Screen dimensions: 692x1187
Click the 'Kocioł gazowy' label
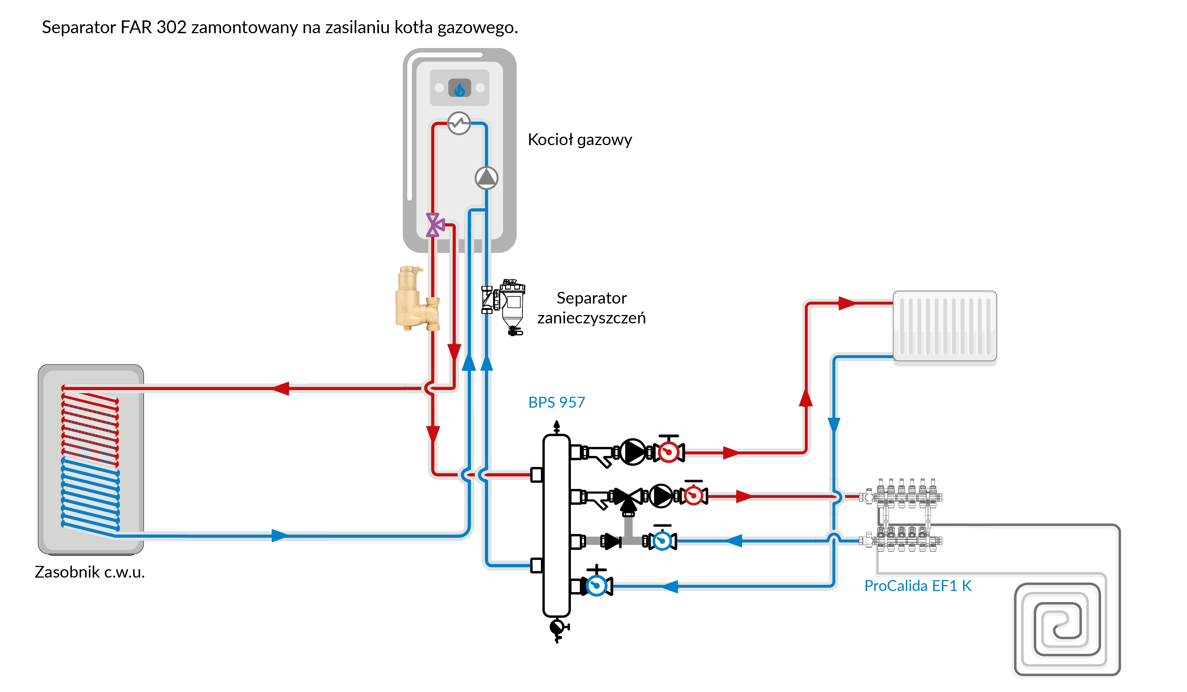coord(579,140)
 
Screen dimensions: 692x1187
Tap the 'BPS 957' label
coord(556,402)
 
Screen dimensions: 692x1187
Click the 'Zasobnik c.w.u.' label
coord(90,572)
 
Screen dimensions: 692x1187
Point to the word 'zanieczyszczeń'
coord(591,318)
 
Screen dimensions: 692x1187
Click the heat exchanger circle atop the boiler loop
coord(459,123)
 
